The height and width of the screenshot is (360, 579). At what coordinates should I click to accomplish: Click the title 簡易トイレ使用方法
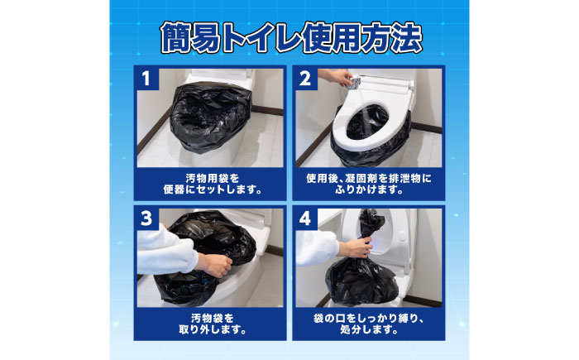click(289, 35)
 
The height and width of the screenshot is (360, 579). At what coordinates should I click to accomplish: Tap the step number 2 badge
click(305, 79)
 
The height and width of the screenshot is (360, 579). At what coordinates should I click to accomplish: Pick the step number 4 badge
click(305, 220)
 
